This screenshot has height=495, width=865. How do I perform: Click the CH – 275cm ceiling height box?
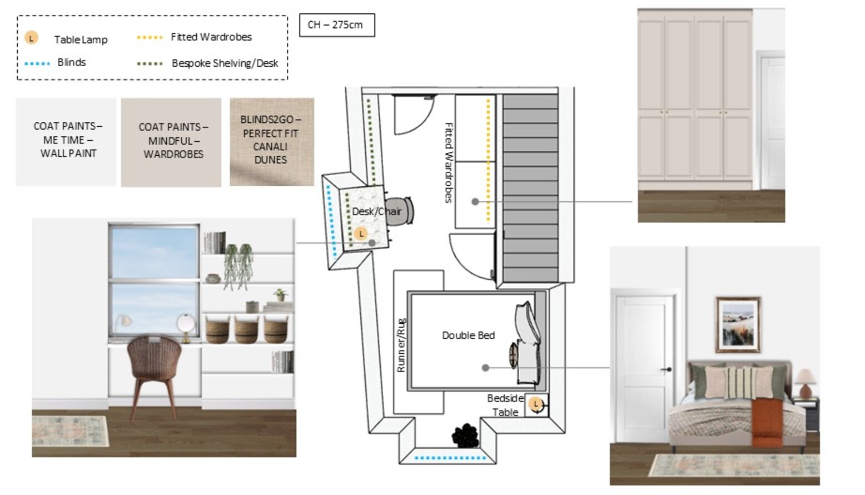[x=337, y=25]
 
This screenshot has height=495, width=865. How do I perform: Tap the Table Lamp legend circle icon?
[x=32, y=38]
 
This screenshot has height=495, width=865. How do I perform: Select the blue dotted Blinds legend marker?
[x=37, y=63]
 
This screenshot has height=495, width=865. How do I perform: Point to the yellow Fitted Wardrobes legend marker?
[x=150, y=37]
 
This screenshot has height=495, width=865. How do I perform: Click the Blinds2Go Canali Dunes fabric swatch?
[x=272, y=141]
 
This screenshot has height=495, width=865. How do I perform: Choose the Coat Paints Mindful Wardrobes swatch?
[x=171, y=142]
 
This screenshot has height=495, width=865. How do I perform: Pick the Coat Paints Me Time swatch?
[x=66, y=141]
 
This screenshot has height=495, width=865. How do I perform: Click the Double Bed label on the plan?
[x=468, y=335]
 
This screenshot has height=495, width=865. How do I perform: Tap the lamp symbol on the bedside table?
[x=536, y=404]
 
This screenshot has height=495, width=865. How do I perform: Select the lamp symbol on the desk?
[x=361, y=234]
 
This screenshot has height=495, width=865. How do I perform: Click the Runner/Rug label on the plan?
[x=401, y=345]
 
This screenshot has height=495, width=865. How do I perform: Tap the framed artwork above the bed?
[x=738, y=325]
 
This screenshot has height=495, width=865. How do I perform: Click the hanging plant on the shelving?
[x=238, y=264]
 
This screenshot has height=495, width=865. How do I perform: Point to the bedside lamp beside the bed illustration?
[x=804, y=382]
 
